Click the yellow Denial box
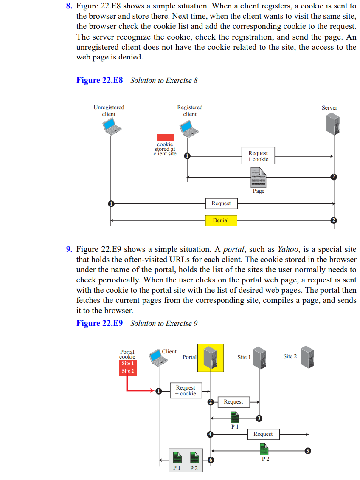click(x=221, y=220)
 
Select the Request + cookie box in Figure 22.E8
click(x=258, y=156)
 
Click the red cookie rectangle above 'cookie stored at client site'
click(x=165, y=137)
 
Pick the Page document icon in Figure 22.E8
click(x=258, y=177)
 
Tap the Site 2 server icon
click(x=307, y=357)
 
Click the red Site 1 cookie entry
click(x=127, y=364)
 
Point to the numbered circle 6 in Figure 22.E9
click(x=211, y=460)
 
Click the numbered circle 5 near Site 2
click(x=308, y=450)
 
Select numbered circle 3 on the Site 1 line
click(x=259, y=418)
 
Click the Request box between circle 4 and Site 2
click(x=263, y=434)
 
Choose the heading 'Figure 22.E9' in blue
click(x=100, y=323)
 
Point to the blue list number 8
click(x=69, y=6)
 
